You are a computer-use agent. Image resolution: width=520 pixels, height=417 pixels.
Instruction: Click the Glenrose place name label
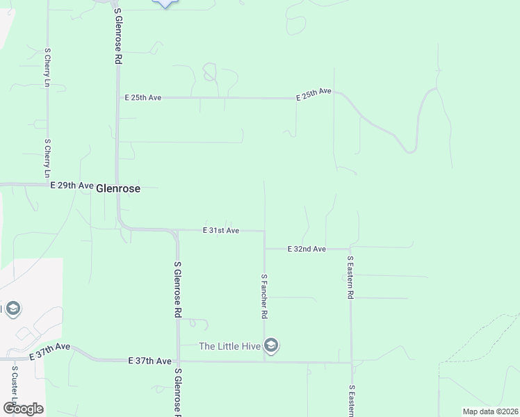pyautogui.click(x=118, y=188)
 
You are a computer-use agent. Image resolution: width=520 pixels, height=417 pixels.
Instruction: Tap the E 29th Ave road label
pyautogui.click(x=72, y=186)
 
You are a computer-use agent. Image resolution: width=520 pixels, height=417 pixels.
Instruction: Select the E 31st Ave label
pyautogui.click(x=221, y=230)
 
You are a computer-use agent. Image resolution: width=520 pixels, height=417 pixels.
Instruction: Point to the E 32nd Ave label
pyautogui.click(x=307, y=249)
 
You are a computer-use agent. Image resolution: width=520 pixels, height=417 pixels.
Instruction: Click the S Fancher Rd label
pyautogui.click(x=264, y=296)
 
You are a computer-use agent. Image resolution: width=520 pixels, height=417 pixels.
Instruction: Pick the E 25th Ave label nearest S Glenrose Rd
pyautogui.click(x=143, y=98)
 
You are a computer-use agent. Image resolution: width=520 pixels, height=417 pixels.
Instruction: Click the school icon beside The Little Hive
pyautogui.click(x=271, y=345)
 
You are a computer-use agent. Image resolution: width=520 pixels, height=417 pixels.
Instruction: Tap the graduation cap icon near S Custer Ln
pyautogui.click(x=12, y=309)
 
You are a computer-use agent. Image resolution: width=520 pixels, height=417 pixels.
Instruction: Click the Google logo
pyautogui.click(x=23, y=408)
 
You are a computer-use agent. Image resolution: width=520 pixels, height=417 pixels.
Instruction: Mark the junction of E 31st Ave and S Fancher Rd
pyautogui.click(x=264, y=231)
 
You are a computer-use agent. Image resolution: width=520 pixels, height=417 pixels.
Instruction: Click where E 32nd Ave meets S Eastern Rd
pyautogui.click(x=350, y=248)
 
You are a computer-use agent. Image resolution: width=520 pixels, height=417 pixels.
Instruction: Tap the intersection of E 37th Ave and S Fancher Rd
pyautogui.click(x=264, y=361)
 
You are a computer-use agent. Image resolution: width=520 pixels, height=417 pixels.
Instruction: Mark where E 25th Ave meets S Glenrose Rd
pyautogui.click(x=117, y=98)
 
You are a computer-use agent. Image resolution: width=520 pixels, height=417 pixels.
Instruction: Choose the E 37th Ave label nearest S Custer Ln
pyautogui.click(x=50, y=350)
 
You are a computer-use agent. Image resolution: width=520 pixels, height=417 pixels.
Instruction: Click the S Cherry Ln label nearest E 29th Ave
pyautogui.click(x=47, y=158)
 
